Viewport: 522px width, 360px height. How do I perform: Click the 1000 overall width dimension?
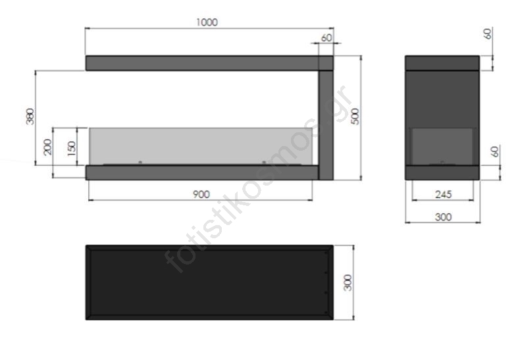pos(207,22)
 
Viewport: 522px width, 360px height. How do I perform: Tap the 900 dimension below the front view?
pos(201,194)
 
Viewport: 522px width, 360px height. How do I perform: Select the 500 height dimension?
pos(355,116)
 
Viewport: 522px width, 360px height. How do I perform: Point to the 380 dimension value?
pos(30,116)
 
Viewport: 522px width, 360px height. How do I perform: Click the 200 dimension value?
pos(48,147)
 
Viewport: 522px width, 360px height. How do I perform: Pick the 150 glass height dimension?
pos(72,148)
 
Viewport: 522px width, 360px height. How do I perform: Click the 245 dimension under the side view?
pos(444,194)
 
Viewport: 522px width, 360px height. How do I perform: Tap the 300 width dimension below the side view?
pos(444,217)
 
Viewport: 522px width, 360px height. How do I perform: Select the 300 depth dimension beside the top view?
pos(348,283)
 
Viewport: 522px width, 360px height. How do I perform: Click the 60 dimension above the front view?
pos(326,38)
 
